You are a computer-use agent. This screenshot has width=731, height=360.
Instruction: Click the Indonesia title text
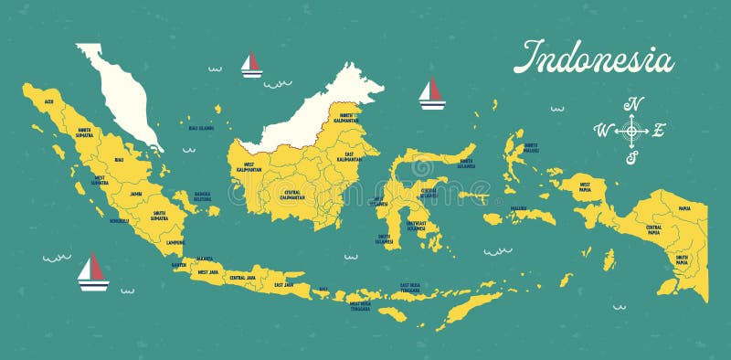tap(593, 57)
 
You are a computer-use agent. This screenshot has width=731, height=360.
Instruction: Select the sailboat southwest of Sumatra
tap(92, 272)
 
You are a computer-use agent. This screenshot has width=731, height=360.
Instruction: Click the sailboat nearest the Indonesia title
tap(431, 93)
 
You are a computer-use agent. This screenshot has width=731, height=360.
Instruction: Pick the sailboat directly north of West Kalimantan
tap(251, 65)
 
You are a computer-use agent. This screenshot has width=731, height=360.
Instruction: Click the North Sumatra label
tap(85, 132)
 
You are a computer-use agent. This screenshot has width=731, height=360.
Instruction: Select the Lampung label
tap(174, 243)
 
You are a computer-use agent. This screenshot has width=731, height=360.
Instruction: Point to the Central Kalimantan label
tap(292, 195)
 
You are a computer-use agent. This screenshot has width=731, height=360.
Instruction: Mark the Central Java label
tap(242, 277)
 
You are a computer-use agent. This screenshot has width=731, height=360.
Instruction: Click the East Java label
tap(284, 284)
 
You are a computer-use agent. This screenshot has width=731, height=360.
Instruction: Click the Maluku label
tap(518, 208)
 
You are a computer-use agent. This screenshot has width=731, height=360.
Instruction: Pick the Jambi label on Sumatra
tap(136, 194)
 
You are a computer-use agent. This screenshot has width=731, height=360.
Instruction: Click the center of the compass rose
tap(631, 131)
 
